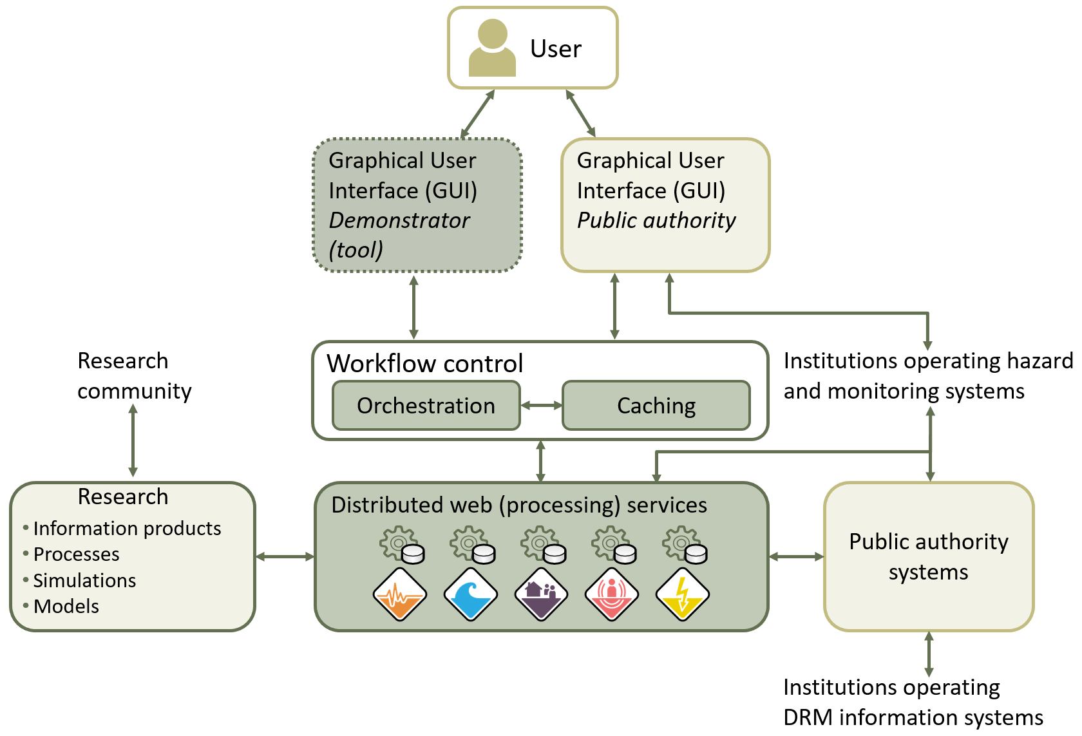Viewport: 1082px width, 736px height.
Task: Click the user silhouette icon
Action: (x=492, y=48)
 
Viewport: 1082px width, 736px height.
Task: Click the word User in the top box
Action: (x=555, y=49)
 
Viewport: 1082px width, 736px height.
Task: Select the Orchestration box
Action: (x=426, y=406)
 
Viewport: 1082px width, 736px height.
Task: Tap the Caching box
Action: (x=656, y=406)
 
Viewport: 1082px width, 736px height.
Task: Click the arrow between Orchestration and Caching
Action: (x=541, y=406)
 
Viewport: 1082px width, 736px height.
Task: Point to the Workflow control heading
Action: (x=424, y=364)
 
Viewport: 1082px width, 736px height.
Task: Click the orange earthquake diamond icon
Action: (x=400, y=594)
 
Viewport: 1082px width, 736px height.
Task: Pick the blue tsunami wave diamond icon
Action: (x=471, y=594)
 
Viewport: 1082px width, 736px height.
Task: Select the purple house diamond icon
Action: (x=542, y=594)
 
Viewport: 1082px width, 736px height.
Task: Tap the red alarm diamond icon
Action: (x=612, y=594)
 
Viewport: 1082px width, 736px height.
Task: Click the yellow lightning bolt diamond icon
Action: (x=683, y=594)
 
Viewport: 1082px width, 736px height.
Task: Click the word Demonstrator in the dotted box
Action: (x=399, y=220)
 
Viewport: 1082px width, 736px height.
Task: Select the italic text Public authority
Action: (x=656, y=220)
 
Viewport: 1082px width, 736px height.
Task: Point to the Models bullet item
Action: (x=66, y=607)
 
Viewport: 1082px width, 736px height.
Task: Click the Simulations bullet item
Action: (x=84, y=581)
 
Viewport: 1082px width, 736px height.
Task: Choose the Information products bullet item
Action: (x=127, y=529)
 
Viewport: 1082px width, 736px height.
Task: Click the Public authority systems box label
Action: (x=928, y=556)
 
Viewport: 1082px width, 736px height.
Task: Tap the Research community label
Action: (x=134, y=376)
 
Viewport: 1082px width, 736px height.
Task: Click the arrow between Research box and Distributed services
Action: (x=285, y=556)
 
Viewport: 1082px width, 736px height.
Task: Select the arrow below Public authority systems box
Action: (x=929, y=654)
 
